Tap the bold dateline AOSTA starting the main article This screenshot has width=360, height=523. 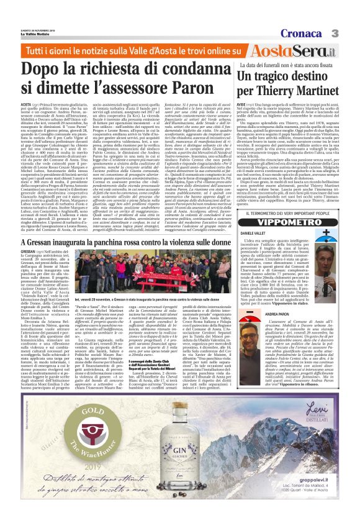27,107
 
